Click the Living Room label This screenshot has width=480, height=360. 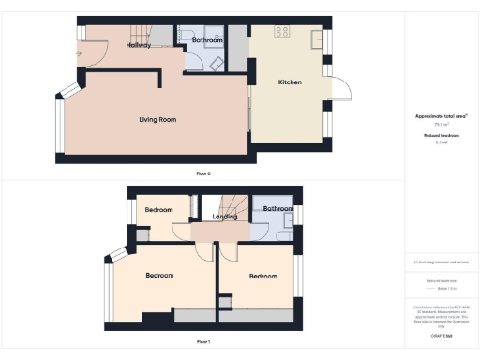[x=157, y=119]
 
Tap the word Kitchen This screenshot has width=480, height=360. [x=290, y=83]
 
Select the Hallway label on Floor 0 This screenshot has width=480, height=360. [x=139, y=44]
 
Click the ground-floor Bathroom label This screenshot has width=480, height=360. [x=207, y=41]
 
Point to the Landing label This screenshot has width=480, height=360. [x=225, y=217]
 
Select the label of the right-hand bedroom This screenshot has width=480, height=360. [x=262, y=276]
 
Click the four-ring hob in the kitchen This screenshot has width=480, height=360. [x=280, y=32]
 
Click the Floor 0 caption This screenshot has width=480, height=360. [x=203, y=174]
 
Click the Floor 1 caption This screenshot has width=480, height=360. [x=203, y=342]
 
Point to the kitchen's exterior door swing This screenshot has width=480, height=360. [x=342, y=91]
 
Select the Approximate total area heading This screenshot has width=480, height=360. [x=441, y=116]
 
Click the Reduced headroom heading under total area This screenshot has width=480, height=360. [x=441, y=135]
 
